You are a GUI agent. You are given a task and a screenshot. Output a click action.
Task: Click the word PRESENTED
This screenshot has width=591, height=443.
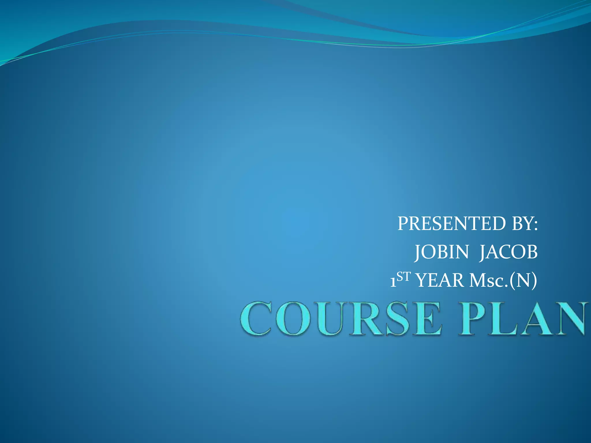452,224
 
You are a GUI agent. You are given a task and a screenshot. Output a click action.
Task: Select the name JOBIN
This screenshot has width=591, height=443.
442,252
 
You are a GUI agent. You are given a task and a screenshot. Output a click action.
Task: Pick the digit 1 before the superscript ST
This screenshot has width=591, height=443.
393,282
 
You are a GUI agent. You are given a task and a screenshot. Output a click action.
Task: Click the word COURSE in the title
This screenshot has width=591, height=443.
341,318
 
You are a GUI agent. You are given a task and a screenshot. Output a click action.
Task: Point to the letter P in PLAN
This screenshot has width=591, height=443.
473,318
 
